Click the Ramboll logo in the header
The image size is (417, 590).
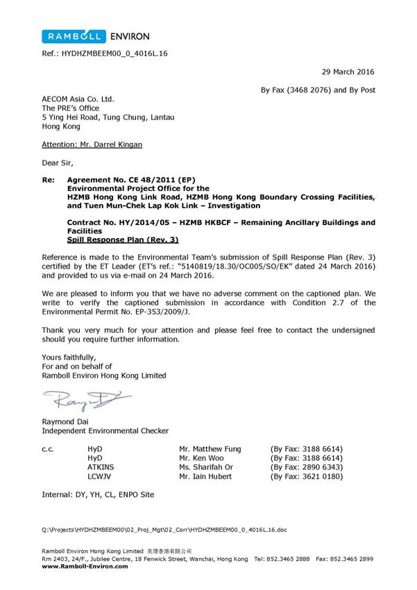point(74,36)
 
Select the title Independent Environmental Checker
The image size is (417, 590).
point(105,431)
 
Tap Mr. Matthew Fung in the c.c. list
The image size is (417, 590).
point(211,449)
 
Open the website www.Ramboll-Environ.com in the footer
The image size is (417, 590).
point(85,566)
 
